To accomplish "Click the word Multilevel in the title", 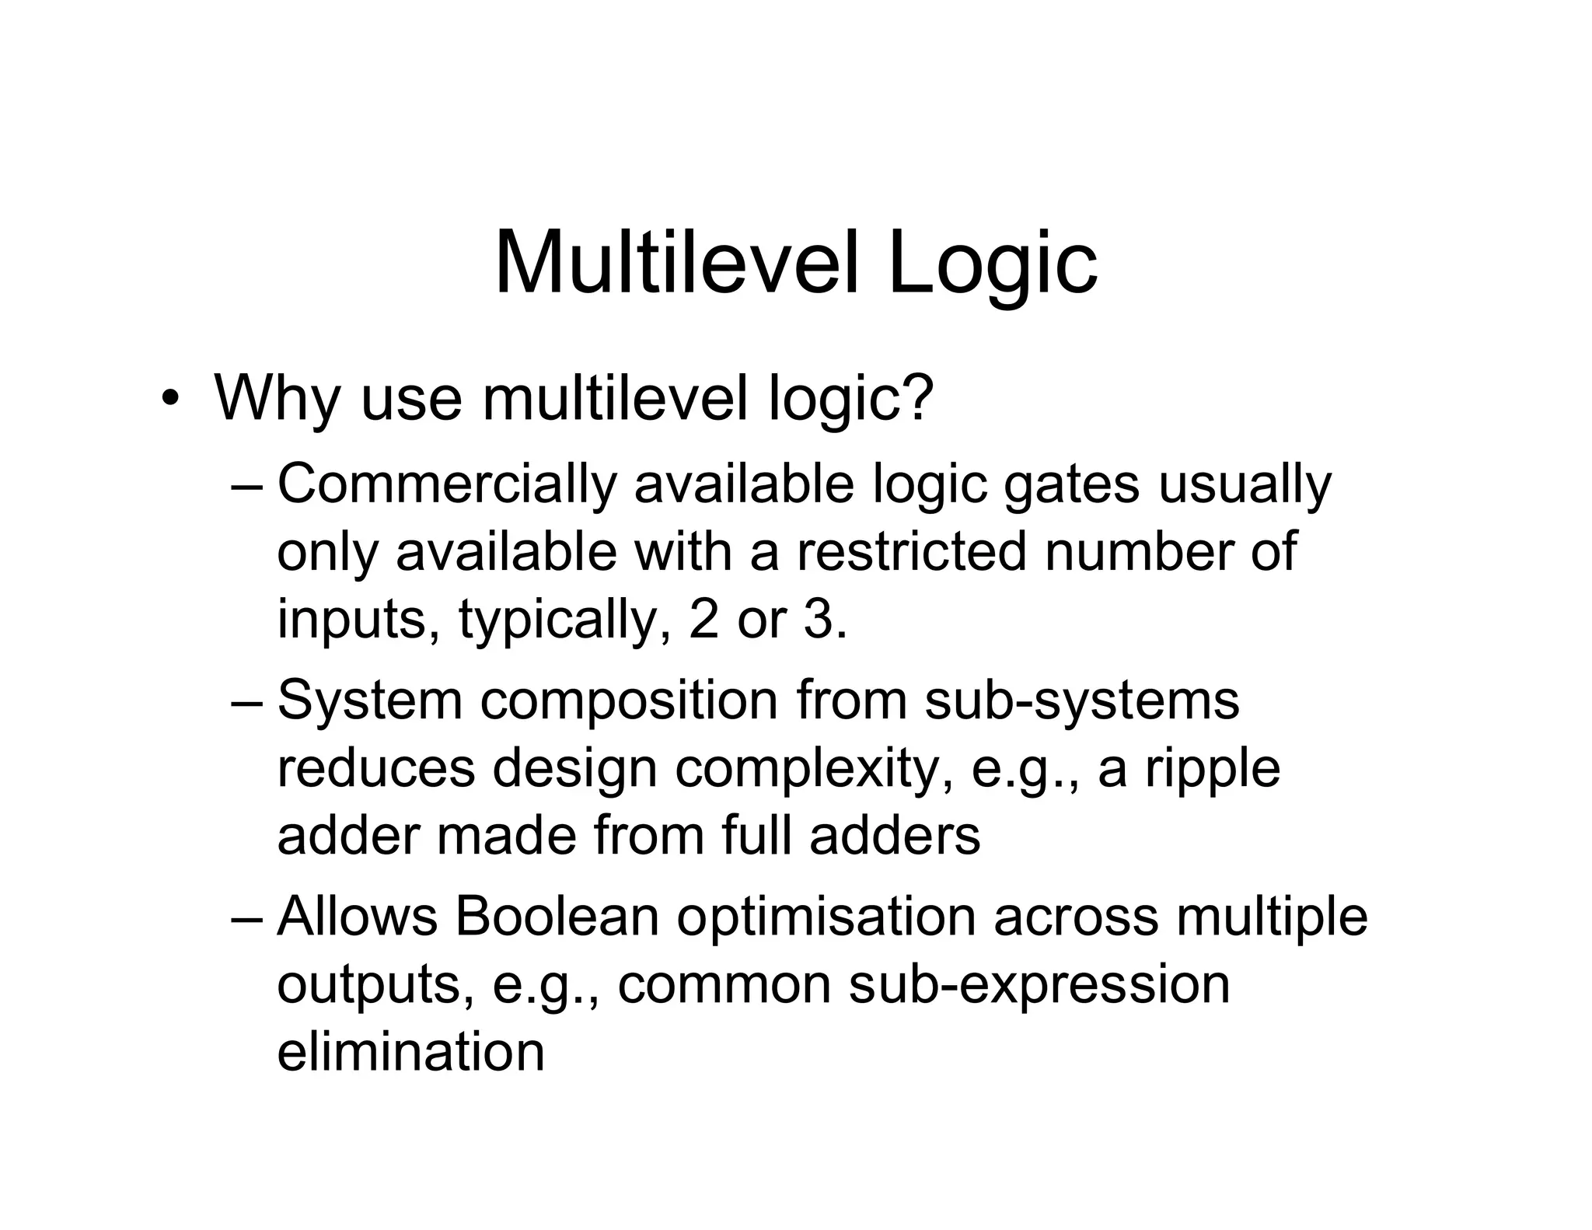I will pos(676,264).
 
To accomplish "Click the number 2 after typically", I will pos(703,620).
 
